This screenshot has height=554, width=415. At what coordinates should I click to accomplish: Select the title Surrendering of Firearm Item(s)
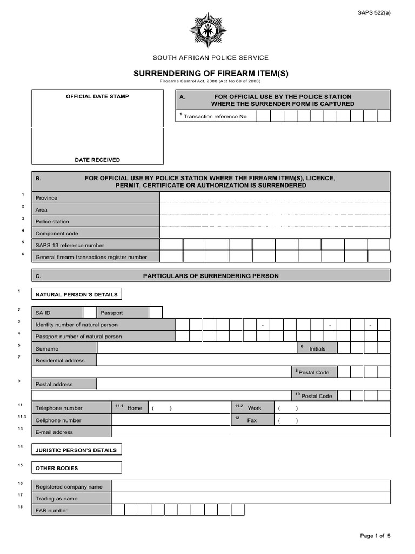tap(207, 74)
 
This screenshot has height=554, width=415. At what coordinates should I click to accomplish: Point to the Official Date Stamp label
tap(97, 97)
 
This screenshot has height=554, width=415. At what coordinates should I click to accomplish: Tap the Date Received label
tap(97, 160)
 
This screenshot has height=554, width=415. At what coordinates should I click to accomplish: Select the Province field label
tap(46, 198)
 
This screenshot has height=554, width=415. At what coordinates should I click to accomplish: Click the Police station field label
tap(52, 222)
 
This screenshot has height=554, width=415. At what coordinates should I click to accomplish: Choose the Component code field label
tap(57, 234)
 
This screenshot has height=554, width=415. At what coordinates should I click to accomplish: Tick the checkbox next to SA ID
tap(90, 312)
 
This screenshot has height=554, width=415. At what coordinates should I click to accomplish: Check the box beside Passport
tap(155, 312)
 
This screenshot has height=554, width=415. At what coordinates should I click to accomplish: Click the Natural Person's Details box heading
tap(76, 295)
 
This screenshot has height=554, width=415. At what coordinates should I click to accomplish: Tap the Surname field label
tap(47, 349)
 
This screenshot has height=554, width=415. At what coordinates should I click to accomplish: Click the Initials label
tap(317, 349)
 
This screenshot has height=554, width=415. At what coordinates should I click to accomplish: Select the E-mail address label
tap(54, 432)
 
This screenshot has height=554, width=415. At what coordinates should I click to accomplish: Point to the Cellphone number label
tap(58, 420)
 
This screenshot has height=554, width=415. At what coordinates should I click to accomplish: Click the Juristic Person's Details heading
tap(76, 450)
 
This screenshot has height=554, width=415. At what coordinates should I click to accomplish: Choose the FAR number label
tap(51, 510)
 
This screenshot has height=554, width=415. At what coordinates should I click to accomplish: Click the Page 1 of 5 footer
tap(375, 536)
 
